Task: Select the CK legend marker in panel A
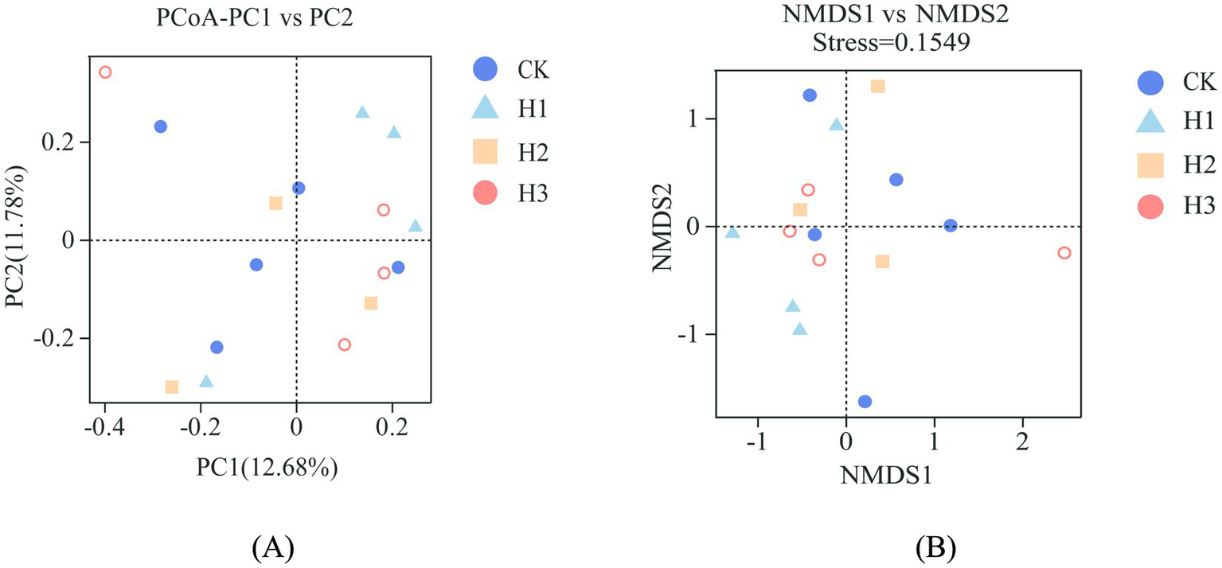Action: [x=485, y=69]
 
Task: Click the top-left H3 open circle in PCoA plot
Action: [x=105, y=72]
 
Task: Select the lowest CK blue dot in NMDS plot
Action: [x=865, y=402]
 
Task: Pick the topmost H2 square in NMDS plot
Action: [x=877, y=86]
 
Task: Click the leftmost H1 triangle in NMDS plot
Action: [x=732, y=232]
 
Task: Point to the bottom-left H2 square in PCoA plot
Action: [x=172, y=387]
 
